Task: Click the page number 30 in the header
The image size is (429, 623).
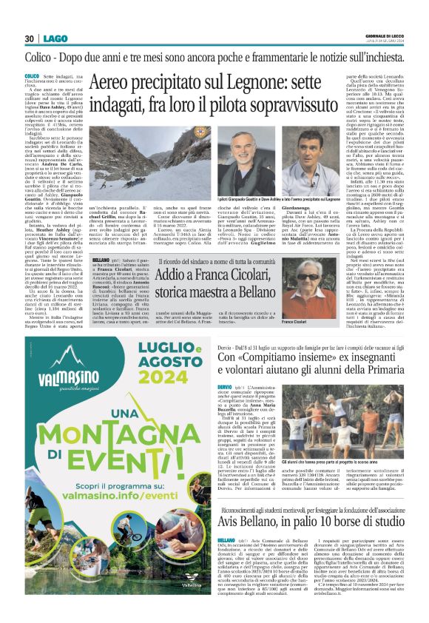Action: tap(30, 38)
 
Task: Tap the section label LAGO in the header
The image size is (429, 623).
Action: tap(54, 38)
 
